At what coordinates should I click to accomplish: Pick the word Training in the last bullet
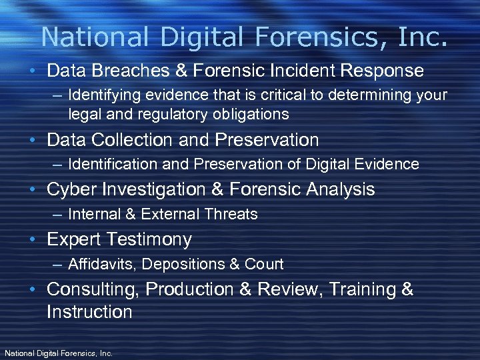[x=362, y=289]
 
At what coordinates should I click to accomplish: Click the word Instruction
[x=89, y=312]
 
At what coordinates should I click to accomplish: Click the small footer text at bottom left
[x=59, y=353]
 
